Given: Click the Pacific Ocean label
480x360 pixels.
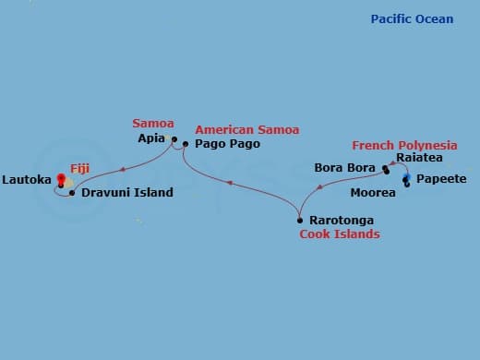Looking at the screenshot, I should (412, 19).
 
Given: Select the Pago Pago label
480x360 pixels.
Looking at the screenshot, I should (228, 144).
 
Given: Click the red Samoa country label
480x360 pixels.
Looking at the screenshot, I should (152, 123).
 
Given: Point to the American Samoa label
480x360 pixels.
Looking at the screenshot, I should (246, 130).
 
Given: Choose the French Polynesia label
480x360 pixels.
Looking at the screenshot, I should (404, 146).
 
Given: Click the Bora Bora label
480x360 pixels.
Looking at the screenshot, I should (347, 169).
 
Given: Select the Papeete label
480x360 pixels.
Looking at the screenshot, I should (441, 179).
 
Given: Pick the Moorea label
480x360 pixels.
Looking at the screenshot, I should (373, 193).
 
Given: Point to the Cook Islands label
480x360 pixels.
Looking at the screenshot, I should (340, 234).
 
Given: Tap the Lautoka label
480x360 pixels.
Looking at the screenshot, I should (27, 179).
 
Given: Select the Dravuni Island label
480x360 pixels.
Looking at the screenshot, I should (127, 193).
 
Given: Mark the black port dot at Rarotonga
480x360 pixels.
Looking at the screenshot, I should (300, 220).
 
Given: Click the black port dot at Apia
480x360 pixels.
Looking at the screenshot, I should (173, 139).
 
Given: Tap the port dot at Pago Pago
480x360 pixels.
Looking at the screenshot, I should (186, 144).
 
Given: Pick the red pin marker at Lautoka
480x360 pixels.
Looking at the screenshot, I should (62, 178).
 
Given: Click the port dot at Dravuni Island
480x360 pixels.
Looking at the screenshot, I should (73, 193).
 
